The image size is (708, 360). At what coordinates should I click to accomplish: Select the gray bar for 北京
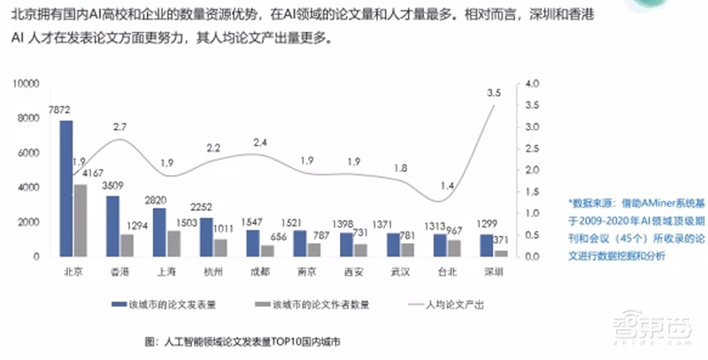pos(81,220)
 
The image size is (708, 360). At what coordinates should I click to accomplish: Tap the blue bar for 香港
pos(112,226)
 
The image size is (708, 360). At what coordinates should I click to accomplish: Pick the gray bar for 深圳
pos(502,253)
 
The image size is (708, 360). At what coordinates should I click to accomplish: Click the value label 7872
pos(59,110)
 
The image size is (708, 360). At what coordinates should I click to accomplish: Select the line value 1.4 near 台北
pos(449,186)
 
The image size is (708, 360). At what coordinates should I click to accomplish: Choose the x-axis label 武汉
pos(400,273)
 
